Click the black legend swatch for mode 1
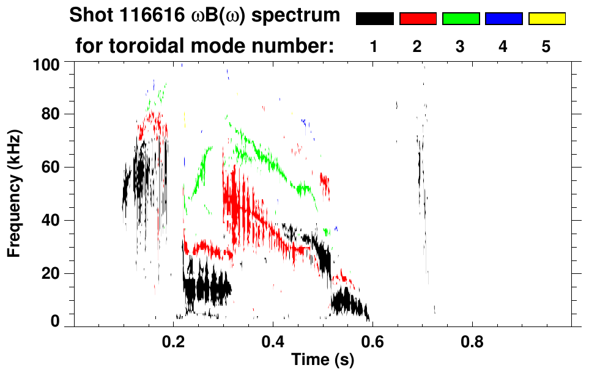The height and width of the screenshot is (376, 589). [374, 19]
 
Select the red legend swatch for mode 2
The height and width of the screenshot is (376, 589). [418, 19]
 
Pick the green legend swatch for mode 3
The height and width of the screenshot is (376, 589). [461, 19]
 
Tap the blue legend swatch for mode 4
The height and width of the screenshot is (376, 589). [503, 19]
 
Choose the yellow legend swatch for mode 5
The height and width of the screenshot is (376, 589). [546, 19]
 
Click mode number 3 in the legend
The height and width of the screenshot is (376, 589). [461, 47]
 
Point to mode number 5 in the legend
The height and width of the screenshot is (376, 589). [546, 47]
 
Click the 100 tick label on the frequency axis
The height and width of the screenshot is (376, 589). [46, 64]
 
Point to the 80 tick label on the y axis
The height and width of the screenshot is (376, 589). [51, 114]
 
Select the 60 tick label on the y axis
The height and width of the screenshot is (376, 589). [51, 167]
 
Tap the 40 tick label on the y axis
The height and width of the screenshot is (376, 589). [51, 220]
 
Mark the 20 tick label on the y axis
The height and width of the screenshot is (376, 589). [51, 273]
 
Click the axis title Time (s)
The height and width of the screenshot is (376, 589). [322, 360]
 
